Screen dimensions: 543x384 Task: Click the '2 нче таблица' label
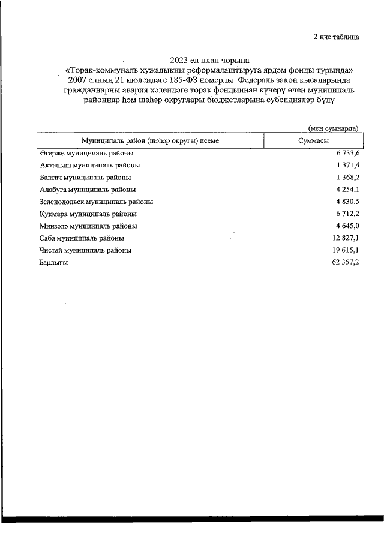pos(336,37)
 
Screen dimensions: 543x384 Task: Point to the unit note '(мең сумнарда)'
pos(333,128)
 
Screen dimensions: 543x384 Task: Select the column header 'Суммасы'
pos(313,140)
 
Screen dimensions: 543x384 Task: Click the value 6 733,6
pos(346,154)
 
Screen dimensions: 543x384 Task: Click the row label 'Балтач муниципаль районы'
pos(85,177)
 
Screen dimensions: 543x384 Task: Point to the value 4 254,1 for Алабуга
pos(346,190)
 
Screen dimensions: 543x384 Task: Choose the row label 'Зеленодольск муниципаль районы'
pos(96,202)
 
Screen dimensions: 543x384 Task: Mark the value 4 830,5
pos(346,202)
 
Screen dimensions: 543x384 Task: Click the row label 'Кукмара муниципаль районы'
pos(88,214)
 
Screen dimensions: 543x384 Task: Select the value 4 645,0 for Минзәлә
pos(346,226)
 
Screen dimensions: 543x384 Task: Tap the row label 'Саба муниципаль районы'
pos(81,238)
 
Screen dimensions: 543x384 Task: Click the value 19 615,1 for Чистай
pos(344,250)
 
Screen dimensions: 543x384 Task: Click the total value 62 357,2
pos(344,263)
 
